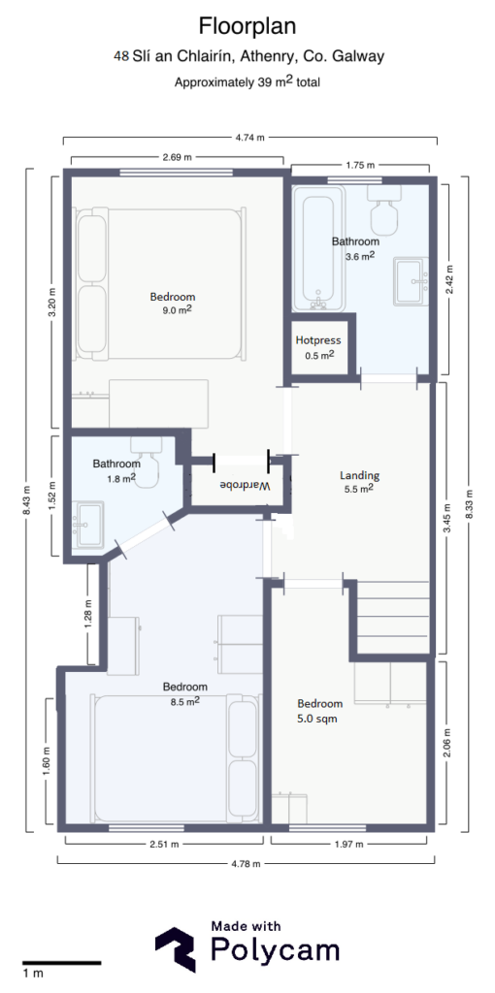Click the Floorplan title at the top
(247, 25)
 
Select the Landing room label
(359, 475)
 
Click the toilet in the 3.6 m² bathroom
(383, 206)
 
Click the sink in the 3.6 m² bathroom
(412, 281)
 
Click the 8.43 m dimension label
(28, 500)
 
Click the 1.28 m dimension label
(87, 615)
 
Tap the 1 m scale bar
(60, 963)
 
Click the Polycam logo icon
(176, 950)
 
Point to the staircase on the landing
(393, 616)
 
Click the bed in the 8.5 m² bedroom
(175, 756)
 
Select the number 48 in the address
(121, 56)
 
